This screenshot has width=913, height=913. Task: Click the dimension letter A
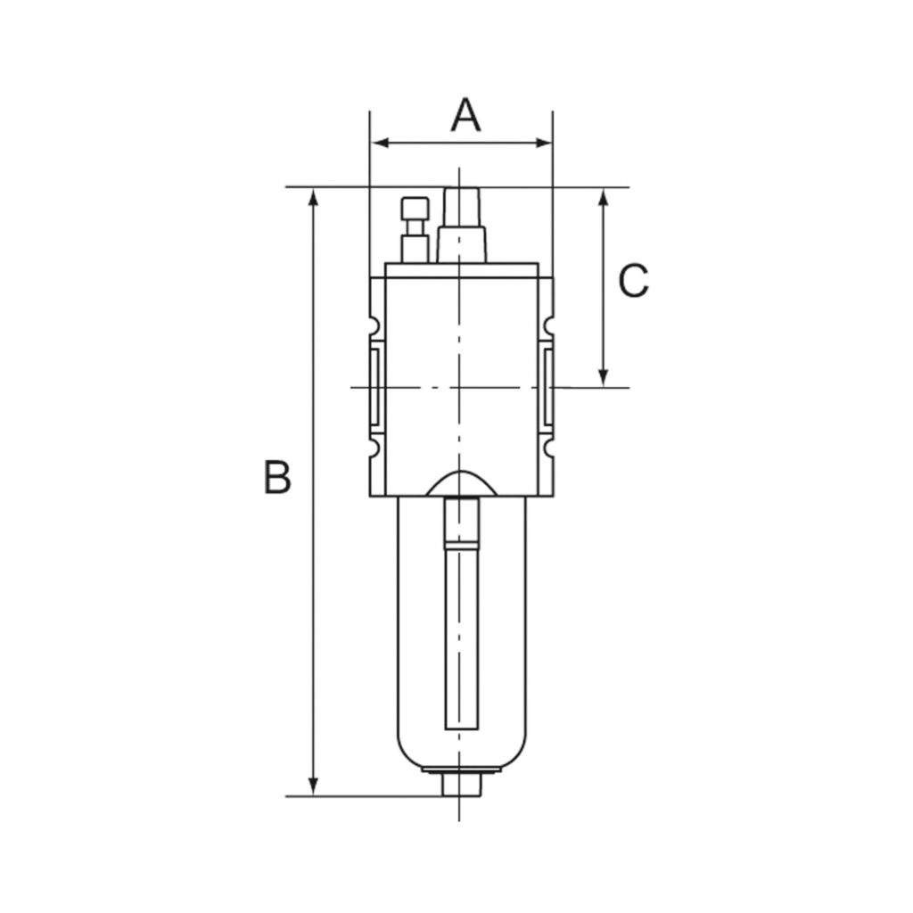click(465, 115)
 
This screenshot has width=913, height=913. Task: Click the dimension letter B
click(276, 478)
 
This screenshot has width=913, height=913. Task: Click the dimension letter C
click(633, 282)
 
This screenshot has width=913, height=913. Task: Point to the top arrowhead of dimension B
click(313, 197)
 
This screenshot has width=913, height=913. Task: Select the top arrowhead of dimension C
click(604, 197)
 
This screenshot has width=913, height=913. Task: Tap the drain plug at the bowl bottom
click(461, 786)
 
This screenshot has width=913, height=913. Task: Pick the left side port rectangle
click(374, 388)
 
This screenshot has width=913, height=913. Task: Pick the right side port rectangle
click(547, 388)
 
